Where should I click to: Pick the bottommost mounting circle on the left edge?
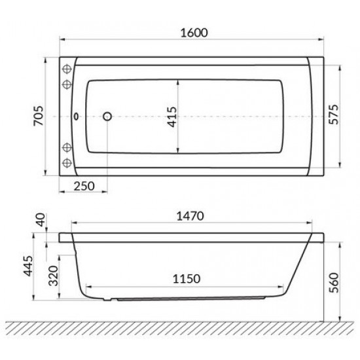[x=67, y=163]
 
